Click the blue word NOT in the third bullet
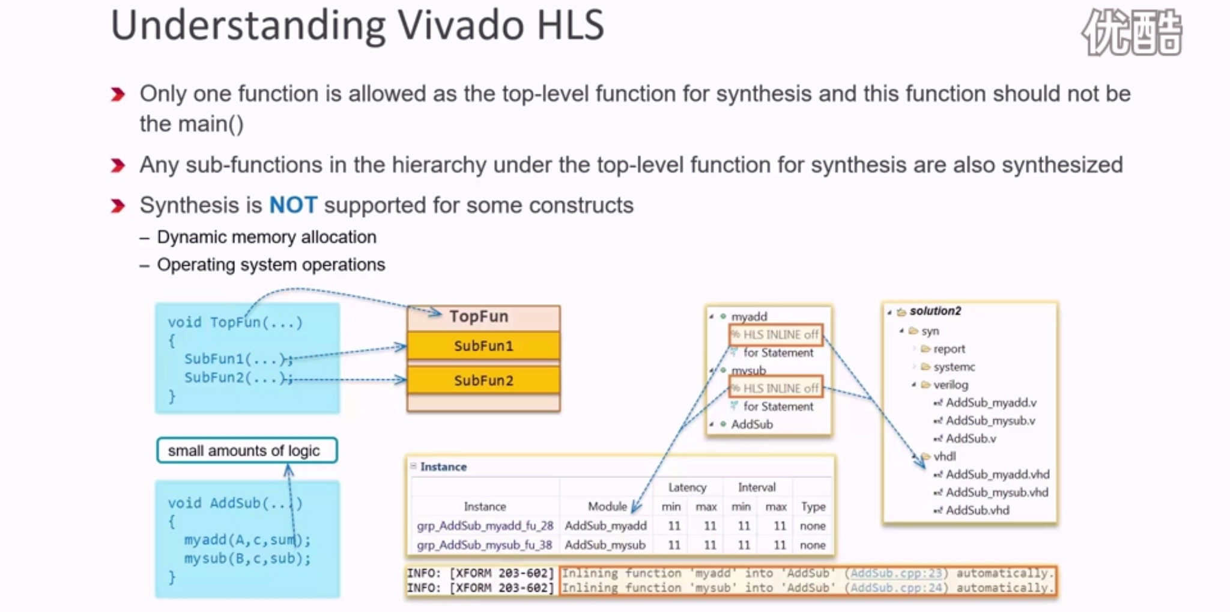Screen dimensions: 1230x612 (292, 206)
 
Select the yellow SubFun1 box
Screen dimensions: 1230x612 (483, 346)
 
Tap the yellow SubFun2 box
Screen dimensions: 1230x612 (483, 381)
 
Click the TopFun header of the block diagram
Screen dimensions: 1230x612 (479, 317)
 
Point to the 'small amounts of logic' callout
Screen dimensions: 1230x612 (247, 450)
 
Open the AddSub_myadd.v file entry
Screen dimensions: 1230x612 (990, 403)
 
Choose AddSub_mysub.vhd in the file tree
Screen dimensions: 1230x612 (996, 492)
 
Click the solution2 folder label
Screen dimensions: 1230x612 (935, 311)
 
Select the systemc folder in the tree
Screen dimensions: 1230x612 (954, 367)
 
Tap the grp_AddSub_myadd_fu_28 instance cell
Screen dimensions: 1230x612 (485, 526)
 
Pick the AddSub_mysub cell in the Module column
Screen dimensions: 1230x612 (605, 545)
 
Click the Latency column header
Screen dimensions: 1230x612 (687, 488)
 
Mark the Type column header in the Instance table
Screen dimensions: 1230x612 (813, 507)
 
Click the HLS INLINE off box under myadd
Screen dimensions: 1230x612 (775, 335)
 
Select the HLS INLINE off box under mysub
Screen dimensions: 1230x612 (775, 388)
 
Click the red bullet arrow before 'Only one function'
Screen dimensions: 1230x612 (118, 94)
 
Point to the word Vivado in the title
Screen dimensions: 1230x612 (461, 26)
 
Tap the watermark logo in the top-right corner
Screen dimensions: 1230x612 (1132, 32)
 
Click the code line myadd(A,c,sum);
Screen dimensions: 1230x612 (247, 540)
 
